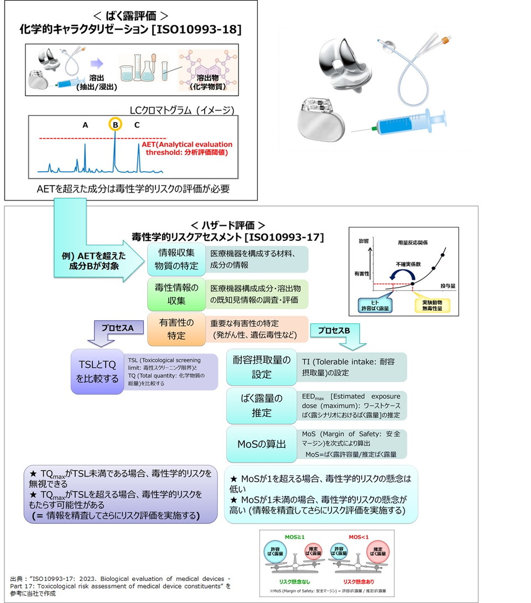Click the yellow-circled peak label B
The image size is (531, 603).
[114, 125]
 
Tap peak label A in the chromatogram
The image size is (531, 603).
[85, 125]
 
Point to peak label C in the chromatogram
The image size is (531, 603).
[137, 125]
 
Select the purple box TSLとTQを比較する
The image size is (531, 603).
[96, 372]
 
